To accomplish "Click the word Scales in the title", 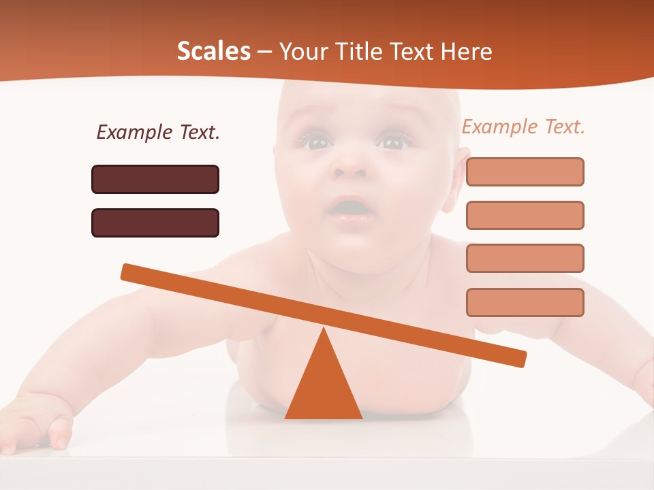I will pos(213,51).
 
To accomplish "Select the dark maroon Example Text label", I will pos(158,132).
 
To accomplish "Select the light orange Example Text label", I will pos(523,127).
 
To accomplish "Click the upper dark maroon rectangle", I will pos(155,179).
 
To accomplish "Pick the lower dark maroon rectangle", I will pos(155,223).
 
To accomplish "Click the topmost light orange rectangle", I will pos(525,171).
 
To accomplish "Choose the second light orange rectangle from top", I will pos(525,215).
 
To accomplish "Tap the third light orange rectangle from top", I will pos(525,258).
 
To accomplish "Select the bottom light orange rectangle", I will pos(525,302).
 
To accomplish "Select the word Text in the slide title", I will pos(416,51).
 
